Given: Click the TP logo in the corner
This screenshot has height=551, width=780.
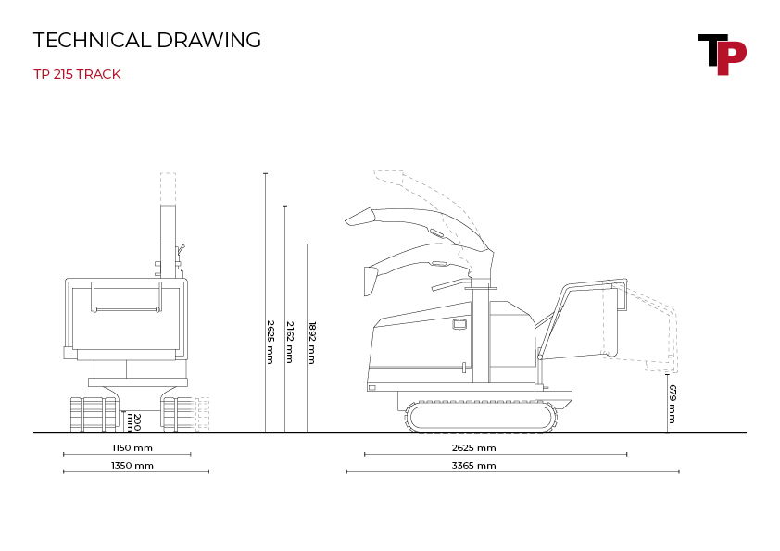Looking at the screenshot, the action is point(722,55).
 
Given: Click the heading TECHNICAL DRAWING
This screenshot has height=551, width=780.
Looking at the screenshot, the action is point(147,40).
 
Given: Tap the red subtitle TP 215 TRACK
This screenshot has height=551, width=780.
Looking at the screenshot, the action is point(77,74).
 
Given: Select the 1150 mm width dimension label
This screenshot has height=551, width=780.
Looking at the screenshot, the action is point(132,447).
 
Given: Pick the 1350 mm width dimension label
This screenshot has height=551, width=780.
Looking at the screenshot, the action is point(132,466).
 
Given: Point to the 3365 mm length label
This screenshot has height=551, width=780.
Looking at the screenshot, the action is point(474,466).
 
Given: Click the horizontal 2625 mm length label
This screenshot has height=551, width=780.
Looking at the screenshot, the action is point(474,447).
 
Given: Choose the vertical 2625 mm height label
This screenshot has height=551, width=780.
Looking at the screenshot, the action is point(270,342).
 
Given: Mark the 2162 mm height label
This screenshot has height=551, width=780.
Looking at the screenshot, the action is point(290,342).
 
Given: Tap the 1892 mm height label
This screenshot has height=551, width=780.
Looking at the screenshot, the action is point(312,343).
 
